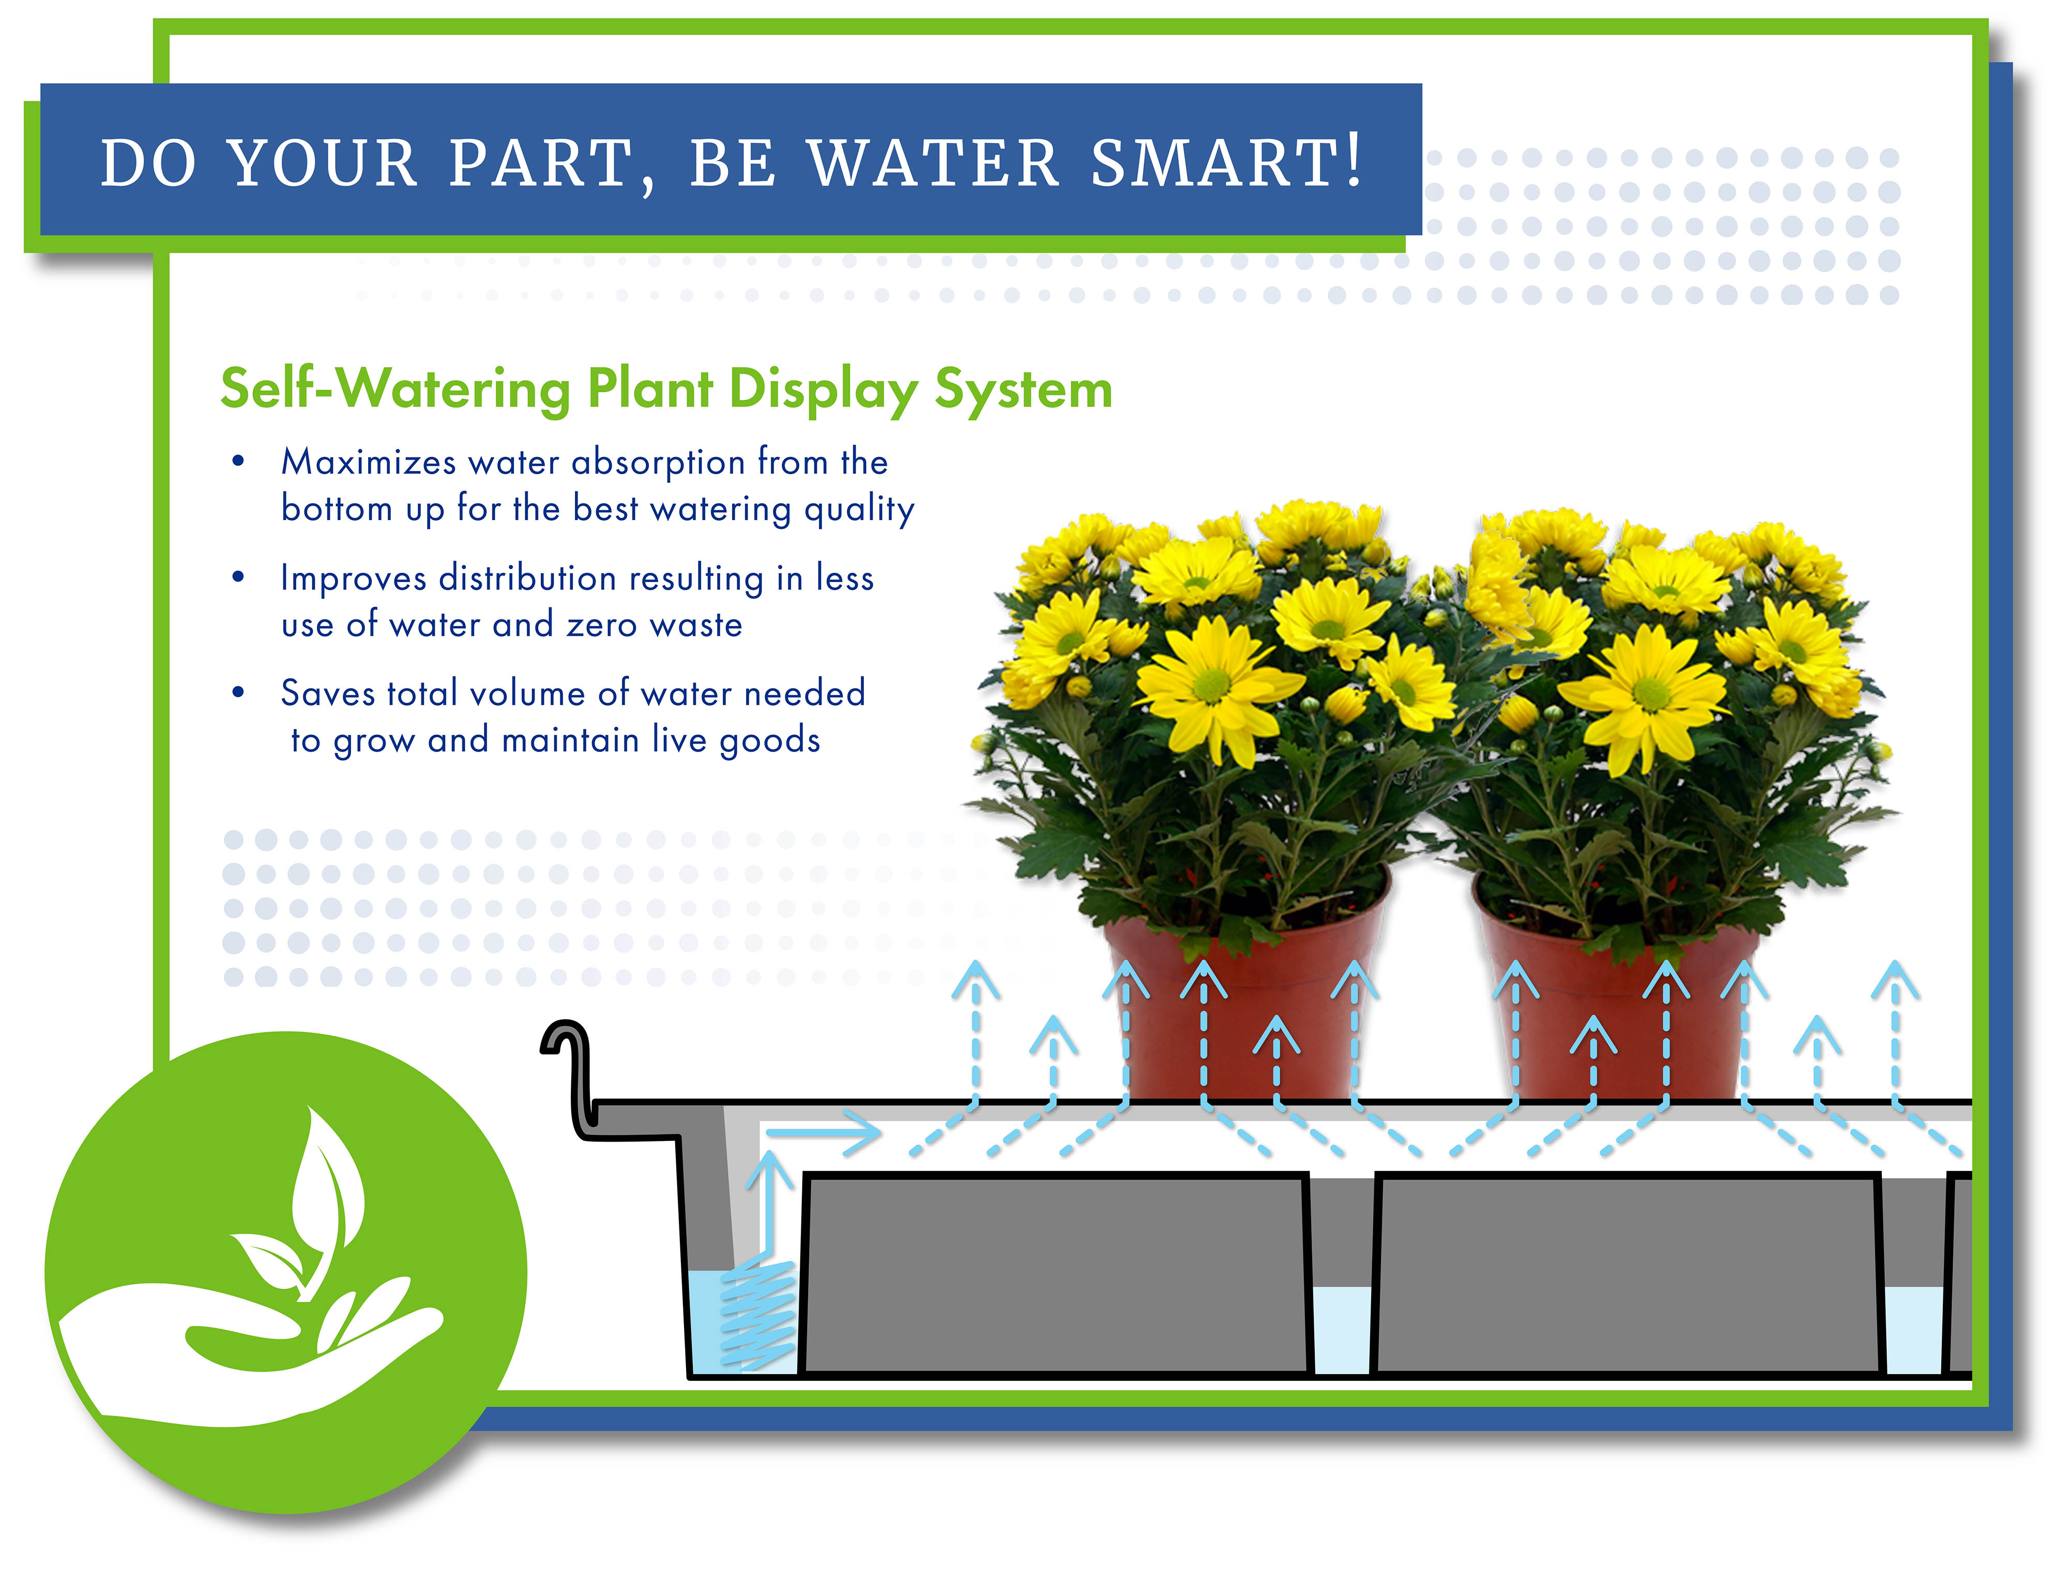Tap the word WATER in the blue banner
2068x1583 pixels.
934,163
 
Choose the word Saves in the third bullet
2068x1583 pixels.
327,693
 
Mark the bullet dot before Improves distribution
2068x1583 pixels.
238,576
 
